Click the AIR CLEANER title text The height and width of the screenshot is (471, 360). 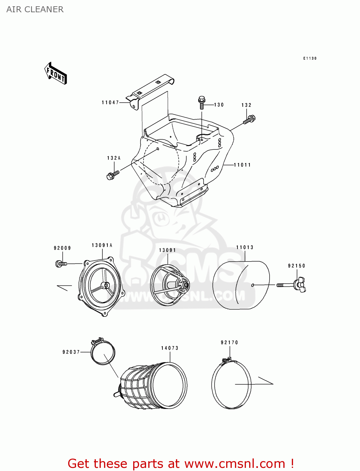click(35, 9)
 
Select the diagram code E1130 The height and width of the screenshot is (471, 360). click(310, 58)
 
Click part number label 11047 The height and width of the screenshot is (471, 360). click(110, 102)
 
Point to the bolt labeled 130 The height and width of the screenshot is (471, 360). click(201, 102)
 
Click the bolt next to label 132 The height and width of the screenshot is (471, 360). click(249, 120)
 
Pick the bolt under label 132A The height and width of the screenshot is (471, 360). click(112, 175)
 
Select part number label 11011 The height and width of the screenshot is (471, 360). click(242, 165)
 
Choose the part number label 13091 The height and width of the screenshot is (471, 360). click(167, 250)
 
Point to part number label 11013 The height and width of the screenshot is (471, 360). click(245, 247)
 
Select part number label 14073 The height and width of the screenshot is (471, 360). click(170, 348)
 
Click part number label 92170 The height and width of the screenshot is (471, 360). click(229, 343)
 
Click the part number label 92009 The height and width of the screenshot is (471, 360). click(62, 248)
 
